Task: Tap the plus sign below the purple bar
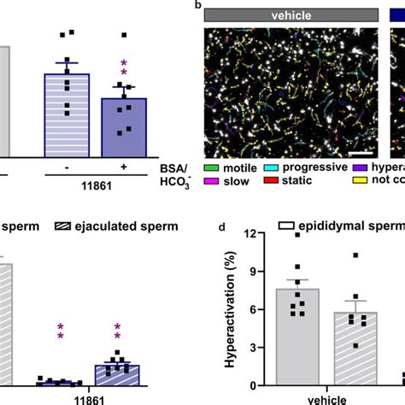[x=124, y=167]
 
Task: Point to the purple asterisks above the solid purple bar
[x=125, y=68]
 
